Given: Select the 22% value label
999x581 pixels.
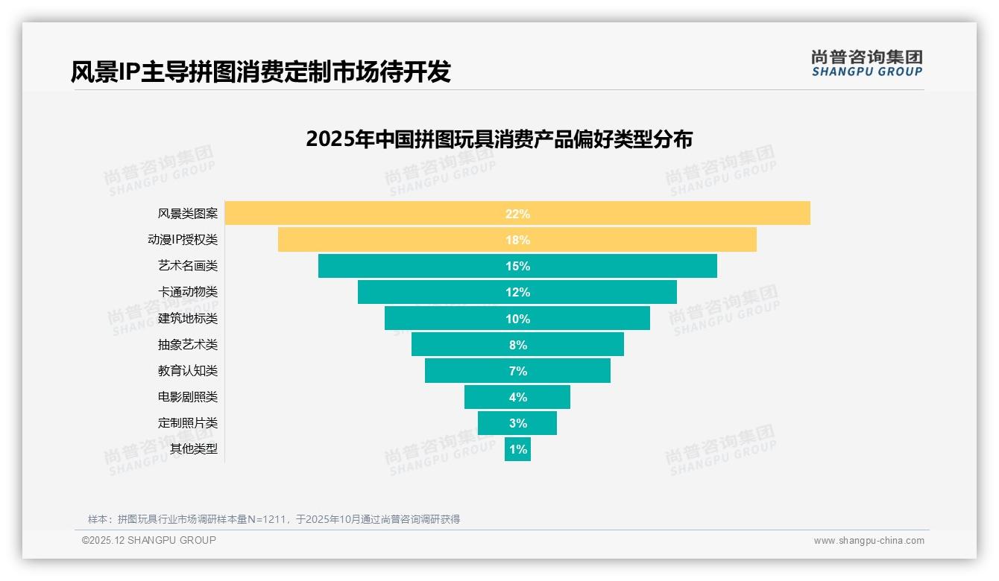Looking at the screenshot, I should click(x=517, y=214).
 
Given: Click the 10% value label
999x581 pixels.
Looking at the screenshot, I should click(x=517, y=319).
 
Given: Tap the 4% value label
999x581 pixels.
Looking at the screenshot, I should click(x=517, y=397).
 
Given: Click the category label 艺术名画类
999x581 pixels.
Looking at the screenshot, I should click(x=188, y=266).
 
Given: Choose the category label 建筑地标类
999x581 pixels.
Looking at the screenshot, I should click(x=188, y=319).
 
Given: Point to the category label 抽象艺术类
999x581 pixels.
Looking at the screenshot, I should click(x=188, y=345).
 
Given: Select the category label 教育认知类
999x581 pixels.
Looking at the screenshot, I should click(x=188, y=371).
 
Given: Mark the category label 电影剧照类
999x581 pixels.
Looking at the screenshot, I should click(x=188, y=397).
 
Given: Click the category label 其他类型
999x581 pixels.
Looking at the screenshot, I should click(x=194, y=449).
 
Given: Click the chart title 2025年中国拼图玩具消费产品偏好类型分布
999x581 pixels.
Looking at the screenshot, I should click(x=499, y=139).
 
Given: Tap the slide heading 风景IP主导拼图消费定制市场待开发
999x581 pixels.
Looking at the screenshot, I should click(x=261, y=72).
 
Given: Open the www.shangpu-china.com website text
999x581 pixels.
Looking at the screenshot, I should click(x=869, y=541).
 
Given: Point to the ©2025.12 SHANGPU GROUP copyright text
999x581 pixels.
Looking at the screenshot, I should click(x=149, y=540).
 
